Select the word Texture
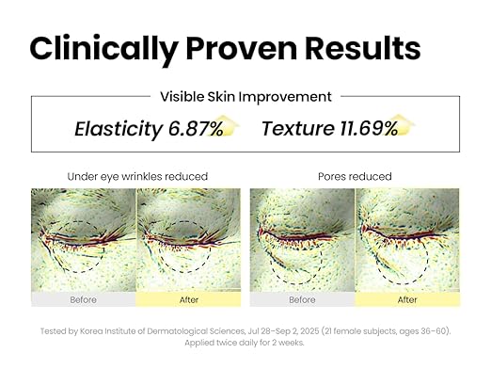pyautogui.click(x=292, y=129)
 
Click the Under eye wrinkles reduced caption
pyautogui.click(x=136, y=176)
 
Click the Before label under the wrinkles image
pyautogui.click(x=84, y=300)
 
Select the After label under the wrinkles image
pyautogui.click(x=188, y=300)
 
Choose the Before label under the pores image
pyautogui.click(x=302, y=300)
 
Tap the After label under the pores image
pyautogui.click(x=407, y=300)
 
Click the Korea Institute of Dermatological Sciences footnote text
pyautogui.click(x=160, y=330)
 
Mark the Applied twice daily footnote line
pyautogui.click(x=245, y=344)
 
